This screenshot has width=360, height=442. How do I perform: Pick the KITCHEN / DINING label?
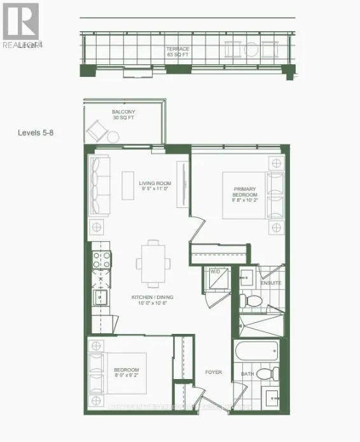tap(153, 300)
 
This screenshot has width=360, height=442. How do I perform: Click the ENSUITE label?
tap(270, 283)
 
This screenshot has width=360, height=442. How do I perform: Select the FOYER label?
tap(213, 372)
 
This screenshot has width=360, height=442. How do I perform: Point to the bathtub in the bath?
tap(256, 351)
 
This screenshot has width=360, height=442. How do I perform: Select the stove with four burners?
tap(102, 259)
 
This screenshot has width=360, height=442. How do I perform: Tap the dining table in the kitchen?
tap(153, 263)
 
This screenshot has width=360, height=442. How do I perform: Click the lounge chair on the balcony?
tap(99, 132)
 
